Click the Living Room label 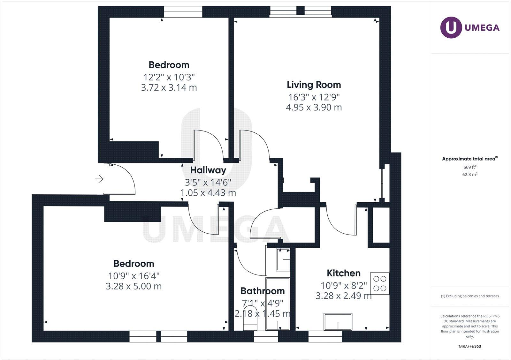(314, 85)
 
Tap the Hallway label (208, 170)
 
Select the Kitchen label (343, 273)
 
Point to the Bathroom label (262, 291)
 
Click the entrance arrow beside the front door (99, 179)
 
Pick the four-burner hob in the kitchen (380, 283)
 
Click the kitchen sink (338, 322)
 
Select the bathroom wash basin (283, 259)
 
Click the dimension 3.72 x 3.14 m (169, 87)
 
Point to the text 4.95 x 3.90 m (314, 107)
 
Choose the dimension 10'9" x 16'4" (133, 276)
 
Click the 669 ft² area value (470, 167)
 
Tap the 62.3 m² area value (470, 175)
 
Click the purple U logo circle (451, 27)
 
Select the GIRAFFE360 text (470, 346)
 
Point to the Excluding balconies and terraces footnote (470, 296)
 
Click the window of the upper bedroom (183, 12)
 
